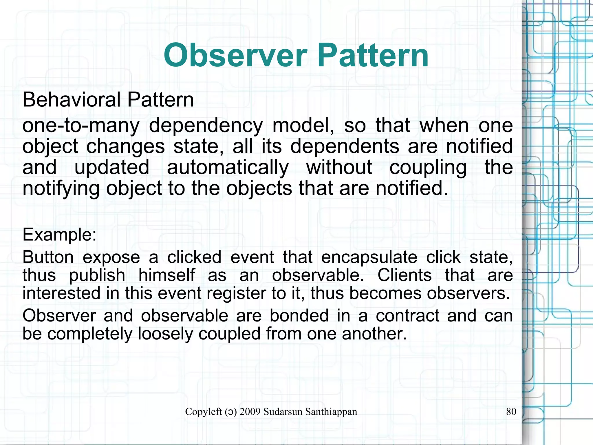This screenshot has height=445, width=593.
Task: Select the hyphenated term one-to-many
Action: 81,126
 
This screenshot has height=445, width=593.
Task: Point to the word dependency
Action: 206,126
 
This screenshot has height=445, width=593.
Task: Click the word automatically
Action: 228,168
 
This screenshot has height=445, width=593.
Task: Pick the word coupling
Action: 428,168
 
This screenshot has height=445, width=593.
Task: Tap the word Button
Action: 48,257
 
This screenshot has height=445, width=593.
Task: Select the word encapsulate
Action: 369,257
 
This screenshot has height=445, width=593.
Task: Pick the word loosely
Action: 165,334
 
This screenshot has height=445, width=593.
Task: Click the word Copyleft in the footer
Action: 203,412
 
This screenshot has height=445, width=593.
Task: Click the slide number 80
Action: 511,412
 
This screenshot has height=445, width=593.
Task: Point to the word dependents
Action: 345,146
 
